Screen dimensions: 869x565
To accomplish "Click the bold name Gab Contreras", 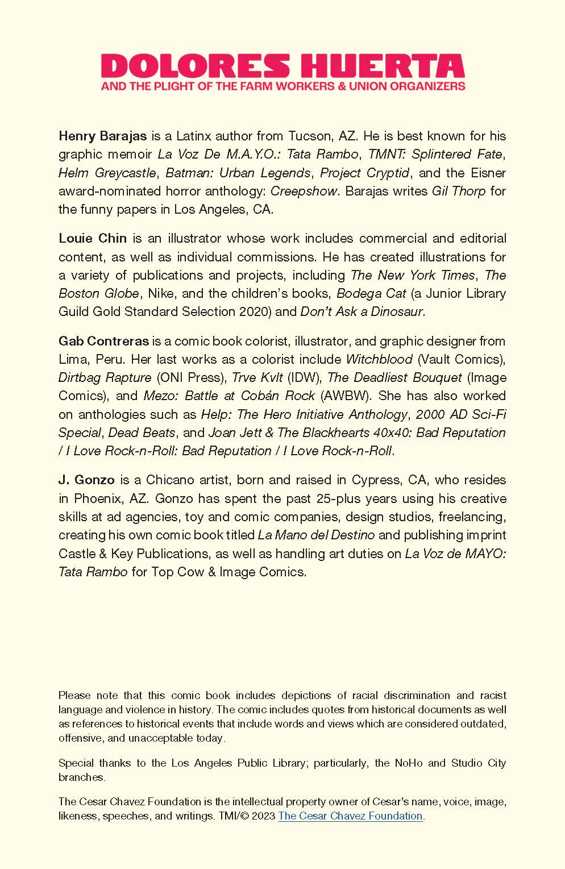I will point(103,342).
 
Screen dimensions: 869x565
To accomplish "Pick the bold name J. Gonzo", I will point(83,480).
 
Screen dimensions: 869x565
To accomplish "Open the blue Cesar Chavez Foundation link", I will point(350,816).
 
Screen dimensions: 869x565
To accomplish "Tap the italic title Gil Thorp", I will point(458,191).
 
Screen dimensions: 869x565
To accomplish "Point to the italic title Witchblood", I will point(379,360).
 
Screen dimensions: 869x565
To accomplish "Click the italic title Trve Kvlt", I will point(257,378).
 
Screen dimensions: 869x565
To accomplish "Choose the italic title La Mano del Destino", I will point(316,535).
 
